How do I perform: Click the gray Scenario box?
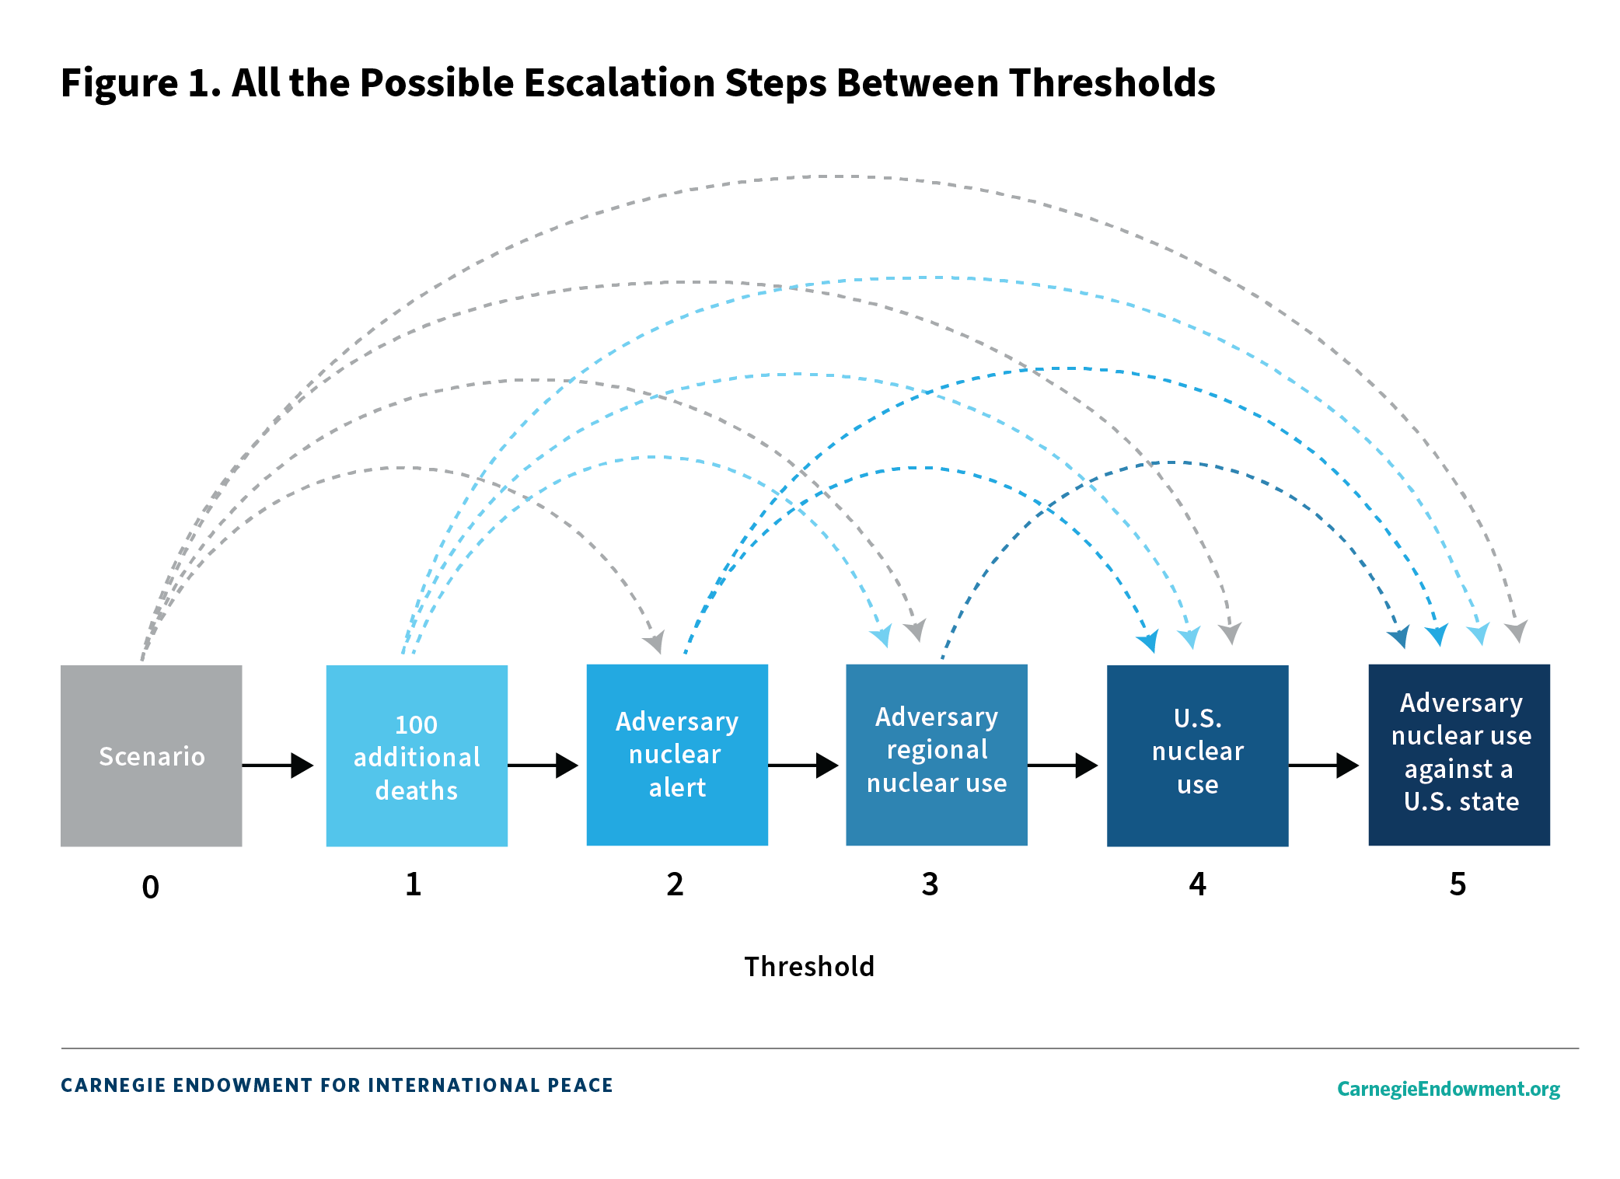tap(151, 755)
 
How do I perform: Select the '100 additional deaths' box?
tap(417, 755)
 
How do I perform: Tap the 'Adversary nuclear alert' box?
tap(677, 755)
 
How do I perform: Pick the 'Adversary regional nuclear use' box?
tap(937, 755)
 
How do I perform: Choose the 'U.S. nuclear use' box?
tap(1197, 755)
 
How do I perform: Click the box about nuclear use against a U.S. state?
tap(1459, 755)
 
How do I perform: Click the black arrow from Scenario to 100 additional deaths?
tap(278, 766)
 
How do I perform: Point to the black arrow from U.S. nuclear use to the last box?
tap(1324, 766)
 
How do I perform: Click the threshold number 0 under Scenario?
tap(151, 887)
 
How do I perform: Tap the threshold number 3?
tap(930, 884)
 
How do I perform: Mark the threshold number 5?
tap(1458, 884)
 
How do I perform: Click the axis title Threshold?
tap(809, 967)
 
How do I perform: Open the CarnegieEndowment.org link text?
tap(1448, 1088)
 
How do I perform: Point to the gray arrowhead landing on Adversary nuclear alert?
tap(655, 641)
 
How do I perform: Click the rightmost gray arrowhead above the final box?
tap(1517, 631)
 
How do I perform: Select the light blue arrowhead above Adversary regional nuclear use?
tap(882, 636)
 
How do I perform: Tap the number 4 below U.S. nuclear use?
tap(1197, 884)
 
